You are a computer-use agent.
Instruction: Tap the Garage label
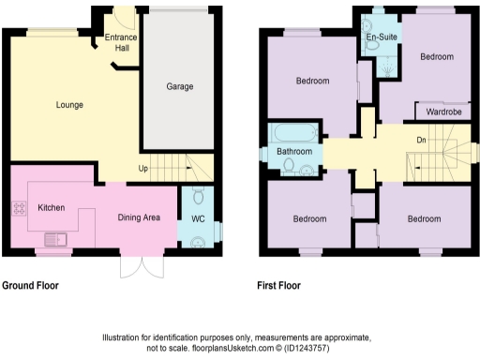pos(180,87)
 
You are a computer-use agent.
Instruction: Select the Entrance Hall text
pos(121,42)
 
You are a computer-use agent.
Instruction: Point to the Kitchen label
pos(50,207)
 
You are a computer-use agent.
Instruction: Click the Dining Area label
pos(139,217)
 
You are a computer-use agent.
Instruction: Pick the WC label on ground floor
pos(198,219)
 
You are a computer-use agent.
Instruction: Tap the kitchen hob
pos(18,207)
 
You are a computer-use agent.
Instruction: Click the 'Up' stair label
pos(142,170)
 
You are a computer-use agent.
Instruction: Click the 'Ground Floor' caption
pos(32,284)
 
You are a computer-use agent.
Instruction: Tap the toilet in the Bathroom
pos(307,168)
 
